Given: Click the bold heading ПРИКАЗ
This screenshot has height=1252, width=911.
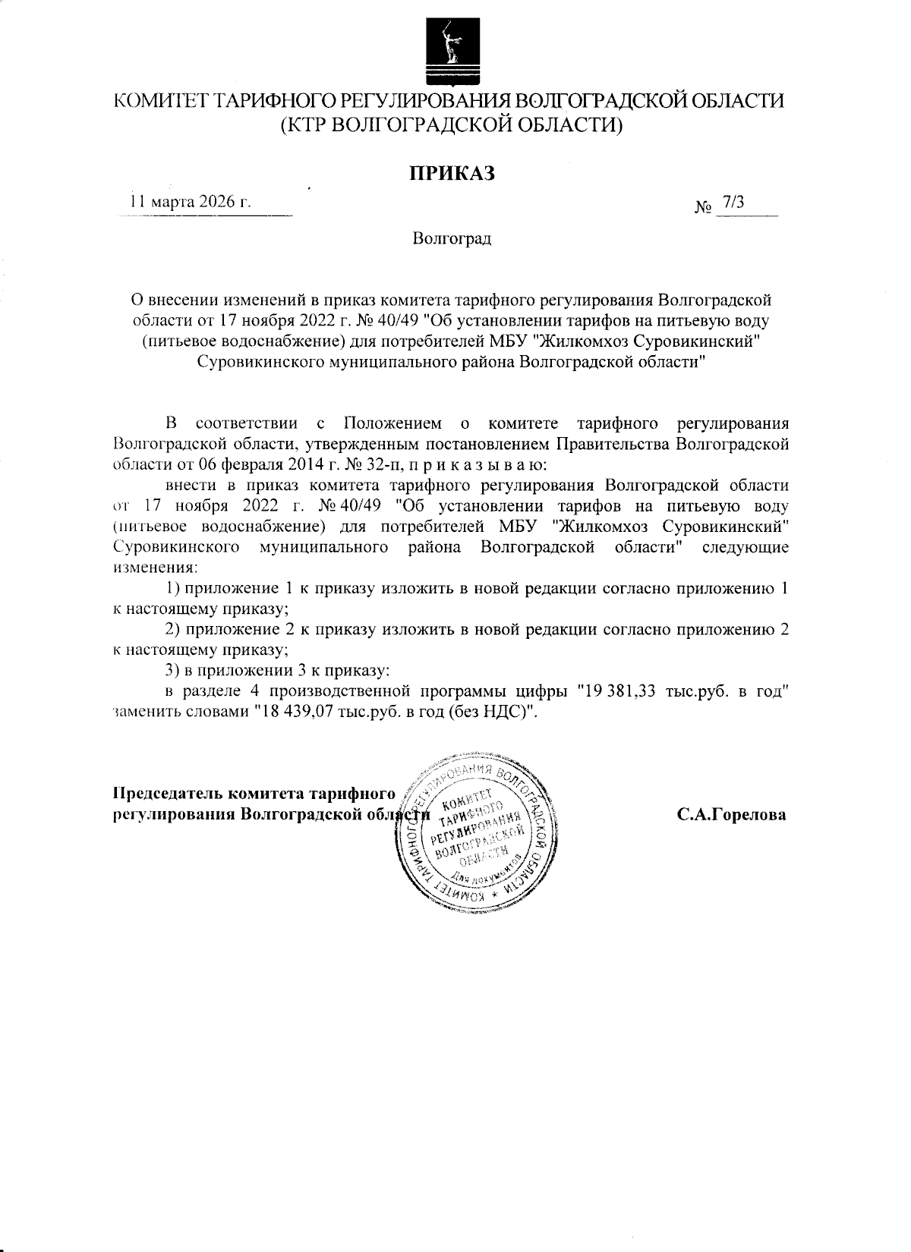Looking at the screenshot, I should coord(452,173).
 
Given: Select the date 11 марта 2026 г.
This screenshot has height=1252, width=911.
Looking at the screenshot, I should coord(190,203).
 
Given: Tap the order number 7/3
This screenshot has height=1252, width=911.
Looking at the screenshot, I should coord(735,202).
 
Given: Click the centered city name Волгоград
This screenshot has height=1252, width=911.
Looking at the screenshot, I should coord(452,239).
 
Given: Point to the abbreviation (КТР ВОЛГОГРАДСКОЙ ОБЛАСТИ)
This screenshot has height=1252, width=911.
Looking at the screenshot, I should coord(452,124).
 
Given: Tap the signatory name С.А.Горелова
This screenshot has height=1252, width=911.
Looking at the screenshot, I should coord(732,815).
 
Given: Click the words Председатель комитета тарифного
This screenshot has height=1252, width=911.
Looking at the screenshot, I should coord(254,794).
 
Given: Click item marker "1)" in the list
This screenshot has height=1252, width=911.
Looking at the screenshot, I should coord(173,588).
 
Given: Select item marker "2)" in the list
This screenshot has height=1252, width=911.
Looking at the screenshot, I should coord(173,629).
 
